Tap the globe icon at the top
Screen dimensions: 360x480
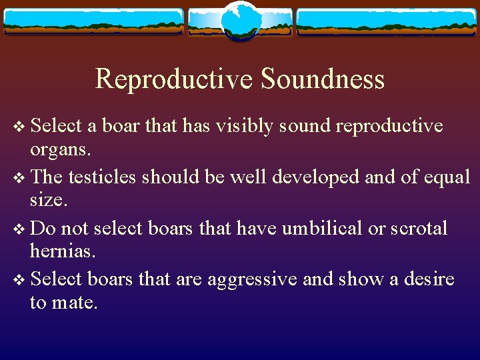241,21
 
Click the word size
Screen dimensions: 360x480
47,200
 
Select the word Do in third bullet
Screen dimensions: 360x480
43,229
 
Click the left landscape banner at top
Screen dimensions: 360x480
93,21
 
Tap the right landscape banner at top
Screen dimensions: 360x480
387,21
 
